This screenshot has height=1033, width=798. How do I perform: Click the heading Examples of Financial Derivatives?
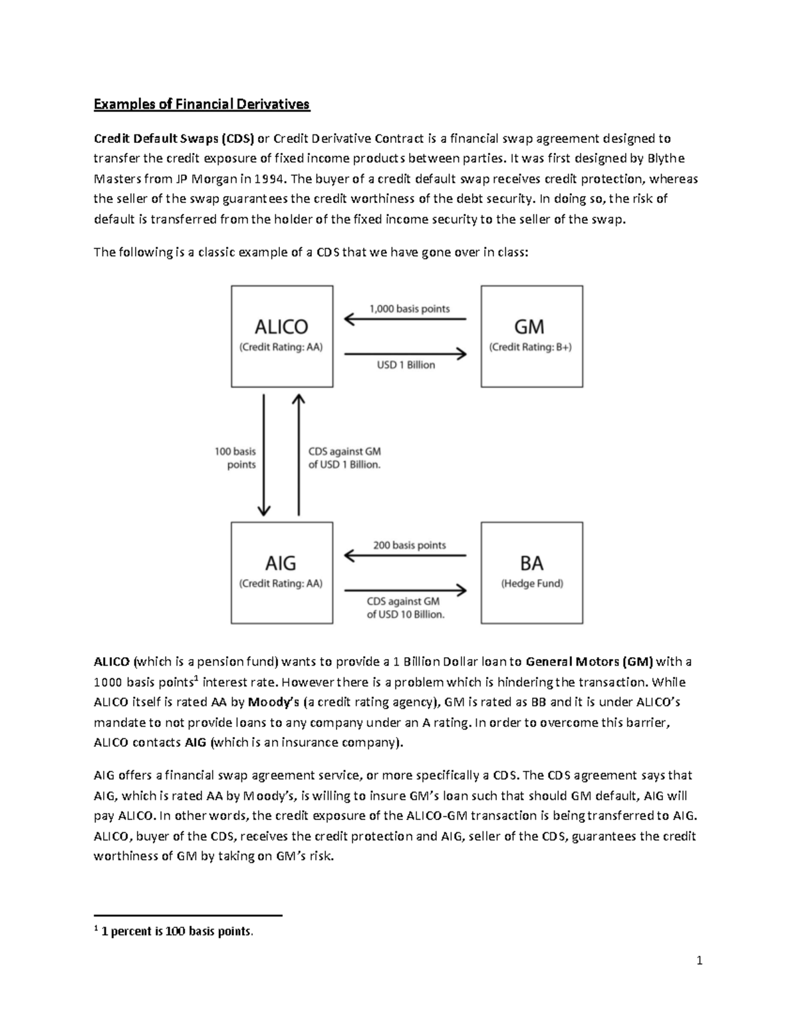click(x=201, y=104)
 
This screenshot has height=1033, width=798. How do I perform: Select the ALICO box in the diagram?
click(x=282, y=336)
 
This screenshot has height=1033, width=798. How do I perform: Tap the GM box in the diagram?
click(x=531, y=336)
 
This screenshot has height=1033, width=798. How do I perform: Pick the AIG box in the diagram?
click(x=282, y=572)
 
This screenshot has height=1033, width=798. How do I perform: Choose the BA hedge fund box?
click(x=531, y=572)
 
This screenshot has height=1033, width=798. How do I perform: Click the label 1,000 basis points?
click(x=409, y=309)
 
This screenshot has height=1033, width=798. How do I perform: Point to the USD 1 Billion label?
click(x=406, y=365)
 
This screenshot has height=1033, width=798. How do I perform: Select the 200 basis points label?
click(x=409, y=545)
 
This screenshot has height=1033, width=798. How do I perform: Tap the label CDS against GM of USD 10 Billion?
click(x=405, y=608)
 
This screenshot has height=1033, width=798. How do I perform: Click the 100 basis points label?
click(x=235, y=458)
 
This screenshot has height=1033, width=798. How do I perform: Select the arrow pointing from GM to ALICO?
click(x=405, y=320)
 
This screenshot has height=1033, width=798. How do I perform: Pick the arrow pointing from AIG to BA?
click(x=405, y=589)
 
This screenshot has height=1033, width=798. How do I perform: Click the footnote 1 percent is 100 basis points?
click(x=176, y=932)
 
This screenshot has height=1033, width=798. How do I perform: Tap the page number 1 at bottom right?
click(x=700, y=960)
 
